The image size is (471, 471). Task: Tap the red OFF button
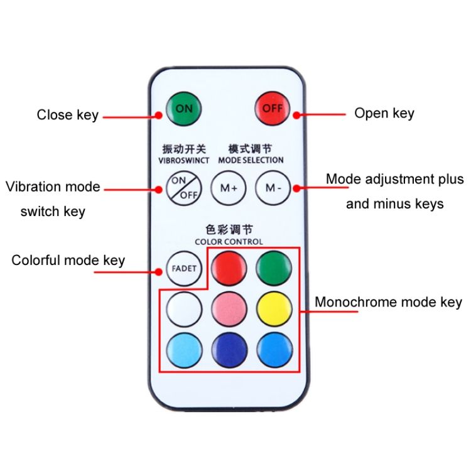273,108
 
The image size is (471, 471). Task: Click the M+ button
229,188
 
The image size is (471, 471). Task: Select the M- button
273,188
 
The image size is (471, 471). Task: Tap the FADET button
184,268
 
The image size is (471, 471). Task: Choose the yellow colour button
274,309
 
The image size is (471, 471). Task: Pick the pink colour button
229,309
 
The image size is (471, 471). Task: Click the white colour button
184,309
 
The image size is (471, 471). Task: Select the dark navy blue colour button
229,350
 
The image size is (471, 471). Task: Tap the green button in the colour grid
274,268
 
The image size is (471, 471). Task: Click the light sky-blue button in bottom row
184,350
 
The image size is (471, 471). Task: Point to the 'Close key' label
68,115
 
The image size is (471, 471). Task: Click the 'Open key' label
384,114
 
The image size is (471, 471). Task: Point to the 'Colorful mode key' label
68,261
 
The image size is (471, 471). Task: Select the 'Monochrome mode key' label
388,302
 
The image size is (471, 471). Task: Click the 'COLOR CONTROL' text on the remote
229,242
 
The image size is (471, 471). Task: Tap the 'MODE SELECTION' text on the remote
251,160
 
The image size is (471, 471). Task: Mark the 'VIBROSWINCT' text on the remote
184,160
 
